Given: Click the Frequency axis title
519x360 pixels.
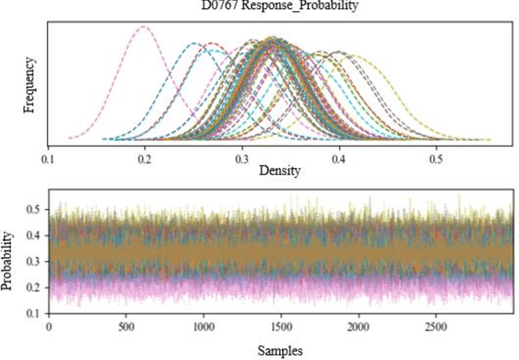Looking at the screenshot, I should tap(30, 84).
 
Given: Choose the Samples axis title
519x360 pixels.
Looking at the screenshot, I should tap(281, 350).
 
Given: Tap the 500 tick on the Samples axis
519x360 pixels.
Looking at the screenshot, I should tap(126, 327).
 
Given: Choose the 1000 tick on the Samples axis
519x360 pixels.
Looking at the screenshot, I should tap(204, 327).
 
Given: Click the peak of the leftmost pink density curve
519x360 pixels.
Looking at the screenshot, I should tap(144, 27).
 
